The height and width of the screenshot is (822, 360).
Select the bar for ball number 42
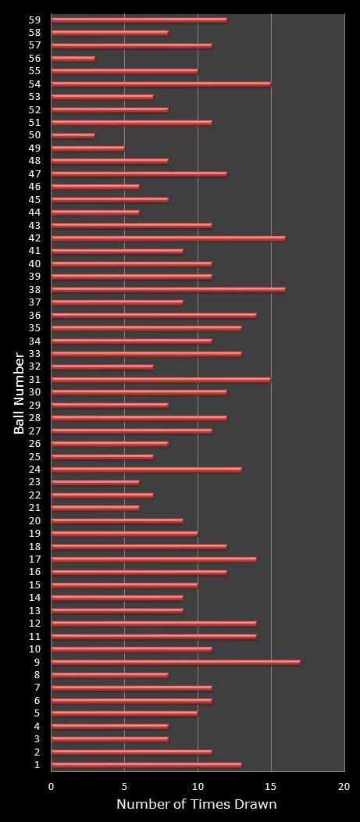[168, 238]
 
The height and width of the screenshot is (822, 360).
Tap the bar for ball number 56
[73, 59]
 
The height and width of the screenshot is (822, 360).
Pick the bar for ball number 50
[73, 135]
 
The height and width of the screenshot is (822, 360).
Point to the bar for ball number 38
[168, 290]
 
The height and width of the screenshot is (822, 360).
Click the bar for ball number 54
[161, 84]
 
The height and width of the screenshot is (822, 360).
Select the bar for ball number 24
[146, 470]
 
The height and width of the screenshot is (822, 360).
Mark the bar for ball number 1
[146, 765]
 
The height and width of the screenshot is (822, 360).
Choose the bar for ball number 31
[161, 380]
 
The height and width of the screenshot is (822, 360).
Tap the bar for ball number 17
[154, 559]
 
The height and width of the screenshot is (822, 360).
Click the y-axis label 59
[34, 20]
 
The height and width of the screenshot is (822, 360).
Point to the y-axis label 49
[34, 148]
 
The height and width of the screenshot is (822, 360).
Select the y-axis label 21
[34, 508]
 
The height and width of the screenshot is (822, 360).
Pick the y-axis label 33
[34, 354]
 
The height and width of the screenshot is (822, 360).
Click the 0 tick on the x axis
[52, 786]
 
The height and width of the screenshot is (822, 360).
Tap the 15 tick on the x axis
[271, 786]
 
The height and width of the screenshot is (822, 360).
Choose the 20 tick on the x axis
[344, 786]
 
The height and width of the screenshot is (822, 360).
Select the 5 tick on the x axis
[125, 786]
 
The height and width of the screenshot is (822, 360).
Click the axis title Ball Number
[19, 393]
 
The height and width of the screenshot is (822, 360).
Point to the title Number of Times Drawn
[196, 805]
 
